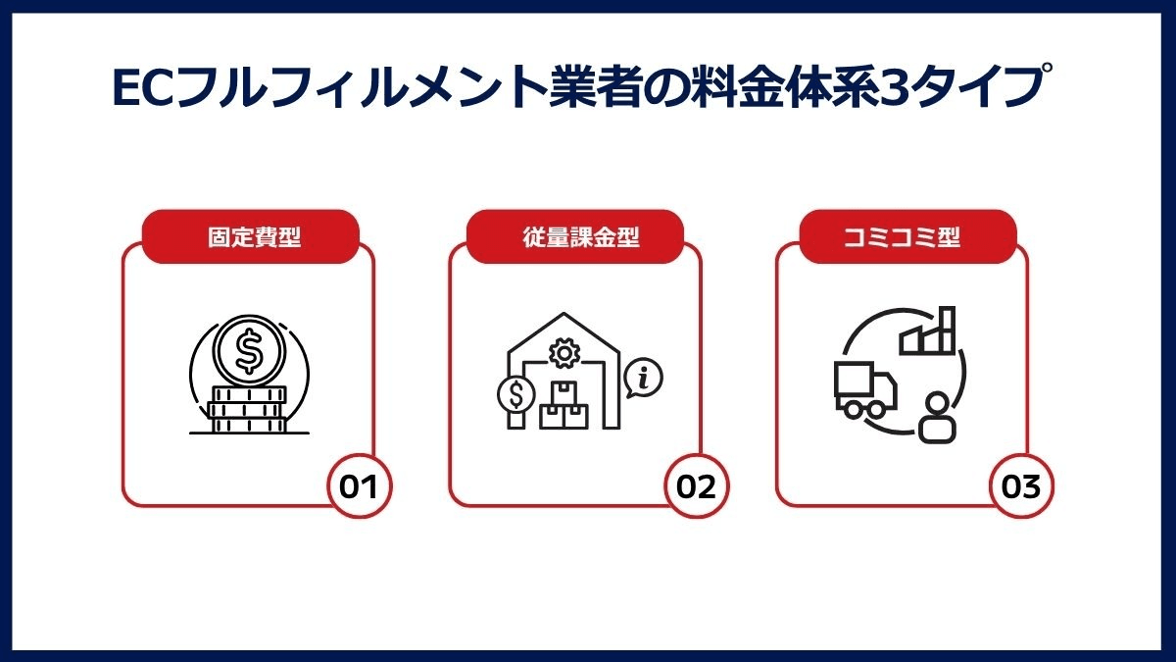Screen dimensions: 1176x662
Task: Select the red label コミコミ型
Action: [x=907, y=236]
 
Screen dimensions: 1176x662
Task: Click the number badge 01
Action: [x=359, y=486]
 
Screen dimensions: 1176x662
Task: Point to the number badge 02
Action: [x=696, y=486]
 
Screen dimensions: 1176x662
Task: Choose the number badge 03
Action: [x=1021, y=486]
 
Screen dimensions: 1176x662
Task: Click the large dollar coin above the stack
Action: [x=249, y=350]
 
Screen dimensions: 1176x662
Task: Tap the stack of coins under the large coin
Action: [x=248, y=410]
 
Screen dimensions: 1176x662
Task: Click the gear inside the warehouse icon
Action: [x=563, y=353]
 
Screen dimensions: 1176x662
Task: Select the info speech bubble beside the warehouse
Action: [x=644, y=378]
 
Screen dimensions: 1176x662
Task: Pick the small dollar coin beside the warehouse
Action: [x=516, y=394]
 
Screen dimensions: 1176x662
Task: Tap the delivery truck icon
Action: [x=864, y=389]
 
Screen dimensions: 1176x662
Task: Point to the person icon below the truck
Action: [x=937, y=418]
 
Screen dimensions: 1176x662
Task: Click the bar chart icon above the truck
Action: [x=927, y=331]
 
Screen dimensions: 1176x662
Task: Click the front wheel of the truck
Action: [x=876, y=408]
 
